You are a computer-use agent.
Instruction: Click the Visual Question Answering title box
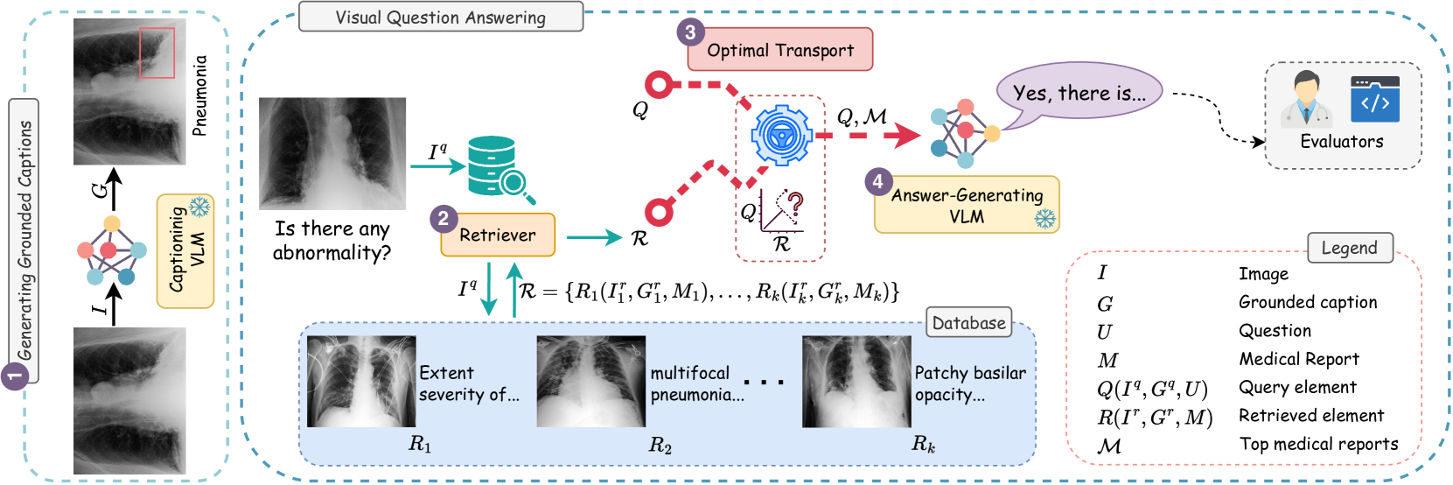(441, 18)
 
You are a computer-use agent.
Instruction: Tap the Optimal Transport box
(780, 50)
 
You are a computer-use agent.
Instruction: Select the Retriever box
(498, 235)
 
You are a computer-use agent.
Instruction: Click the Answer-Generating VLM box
(967, 206)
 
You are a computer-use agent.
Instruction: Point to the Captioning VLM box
(185, 251)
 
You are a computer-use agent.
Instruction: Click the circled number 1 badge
(14, 376)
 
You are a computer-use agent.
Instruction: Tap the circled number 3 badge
(690, 32)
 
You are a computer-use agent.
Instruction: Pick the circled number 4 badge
(877, 181)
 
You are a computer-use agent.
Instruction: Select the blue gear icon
(782, 135)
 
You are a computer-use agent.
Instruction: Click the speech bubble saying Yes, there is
(1079, 93)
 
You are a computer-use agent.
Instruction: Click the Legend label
(1349, 248)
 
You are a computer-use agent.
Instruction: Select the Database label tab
(968, 322)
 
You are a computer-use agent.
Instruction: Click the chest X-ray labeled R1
(361, 382)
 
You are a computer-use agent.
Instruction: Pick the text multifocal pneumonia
(696, 383)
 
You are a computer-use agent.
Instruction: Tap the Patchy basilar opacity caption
(970, 383)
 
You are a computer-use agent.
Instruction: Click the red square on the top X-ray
(157, 53)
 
